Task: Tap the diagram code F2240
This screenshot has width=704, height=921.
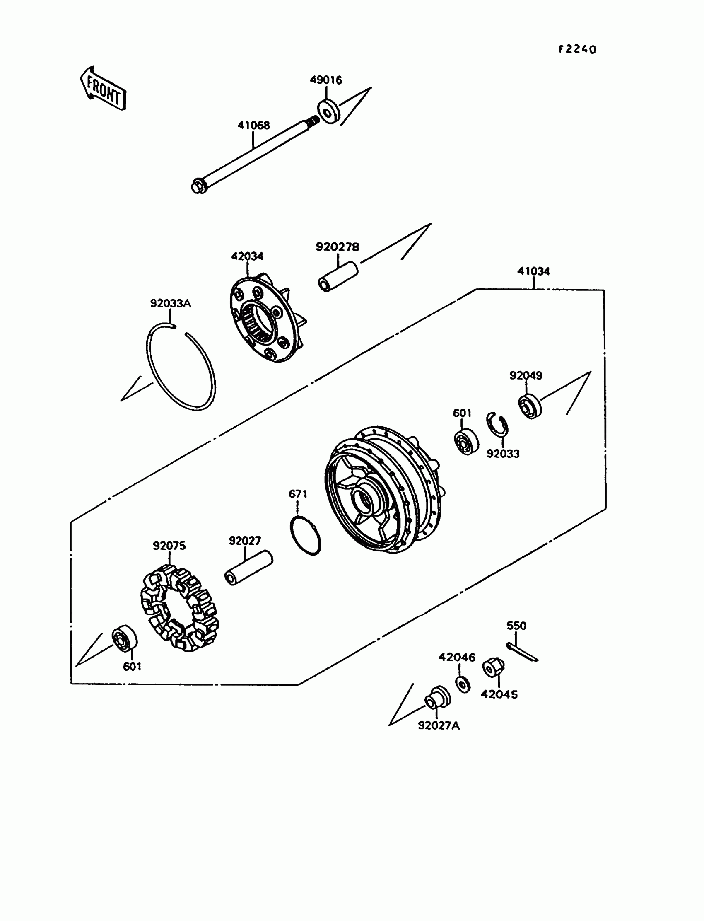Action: pos(577,49)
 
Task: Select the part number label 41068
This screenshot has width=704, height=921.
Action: pos(254,125)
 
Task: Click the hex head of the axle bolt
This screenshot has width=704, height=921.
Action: pos(199,186)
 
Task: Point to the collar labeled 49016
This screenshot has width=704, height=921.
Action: pos(329,111)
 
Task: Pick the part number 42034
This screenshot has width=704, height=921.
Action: pos(247,256)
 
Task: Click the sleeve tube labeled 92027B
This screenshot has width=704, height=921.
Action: pos(338,277)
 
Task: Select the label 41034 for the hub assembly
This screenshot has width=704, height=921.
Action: pos(533,271)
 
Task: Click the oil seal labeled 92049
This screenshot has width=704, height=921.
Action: pos(530,406)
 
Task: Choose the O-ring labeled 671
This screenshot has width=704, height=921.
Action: pos(306,536)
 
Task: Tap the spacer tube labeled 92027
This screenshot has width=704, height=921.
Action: pos(249,568)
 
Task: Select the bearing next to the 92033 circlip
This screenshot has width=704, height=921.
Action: pos(466,442)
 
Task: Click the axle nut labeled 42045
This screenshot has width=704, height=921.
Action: pos(493,667)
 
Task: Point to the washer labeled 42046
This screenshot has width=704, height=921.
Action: pos(463,684)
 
